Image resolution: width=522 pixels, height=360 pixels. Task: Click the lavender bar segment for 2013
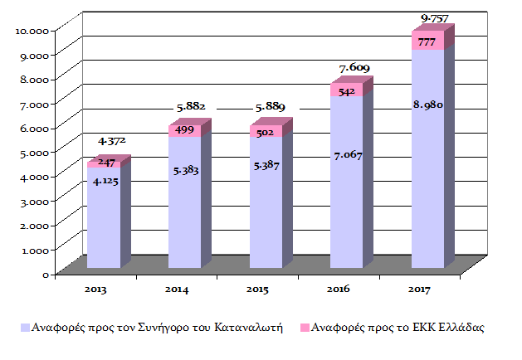point(103,224)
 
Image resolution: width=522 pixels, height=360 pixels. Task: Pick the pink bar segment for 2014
point(184,131)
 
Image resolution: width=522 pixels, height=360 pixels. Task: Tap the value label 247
point(106,164)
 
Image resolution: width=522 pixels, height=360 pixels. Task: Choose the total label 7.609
point(354,67)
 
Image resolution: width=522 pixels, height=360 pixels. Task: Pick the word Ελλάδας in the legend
point(459,328)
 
